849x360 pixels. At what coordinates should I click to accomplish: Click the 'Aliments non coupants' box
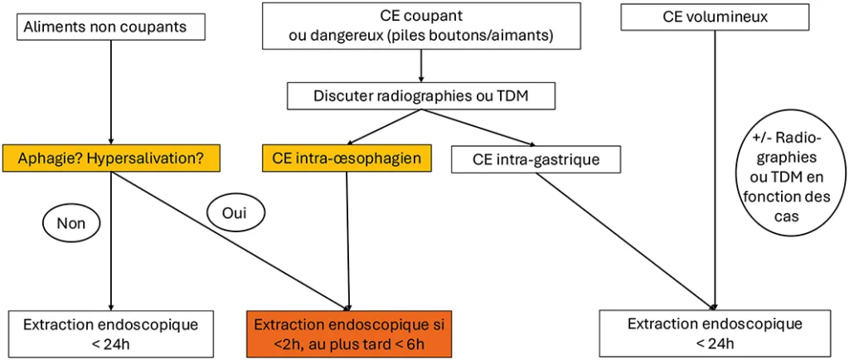pos(110,27)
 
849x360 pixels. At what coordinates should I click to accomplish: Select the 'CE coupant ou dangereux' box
pos(420,26)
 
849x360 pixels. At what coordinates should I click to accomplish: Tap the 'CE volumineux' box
pos(715,17)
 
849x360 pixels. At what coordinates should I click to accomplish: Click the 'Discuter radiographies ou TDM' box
pos(420,96)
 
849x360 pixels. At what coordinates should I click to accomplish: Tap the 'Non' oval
pos(70,223)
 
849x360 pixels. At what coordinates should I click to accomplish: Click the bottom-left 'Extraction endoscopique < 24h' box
pos(110,333)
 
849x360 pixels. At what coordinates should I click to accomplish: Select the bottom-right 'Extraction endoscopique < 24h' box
pos(714,333)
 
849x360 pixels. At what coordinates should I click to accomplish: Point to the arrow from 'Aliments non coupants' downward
pos(110,91)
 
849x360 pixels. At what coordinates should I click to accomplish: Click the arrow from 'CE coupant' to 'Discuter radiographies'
pos(420,65)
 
